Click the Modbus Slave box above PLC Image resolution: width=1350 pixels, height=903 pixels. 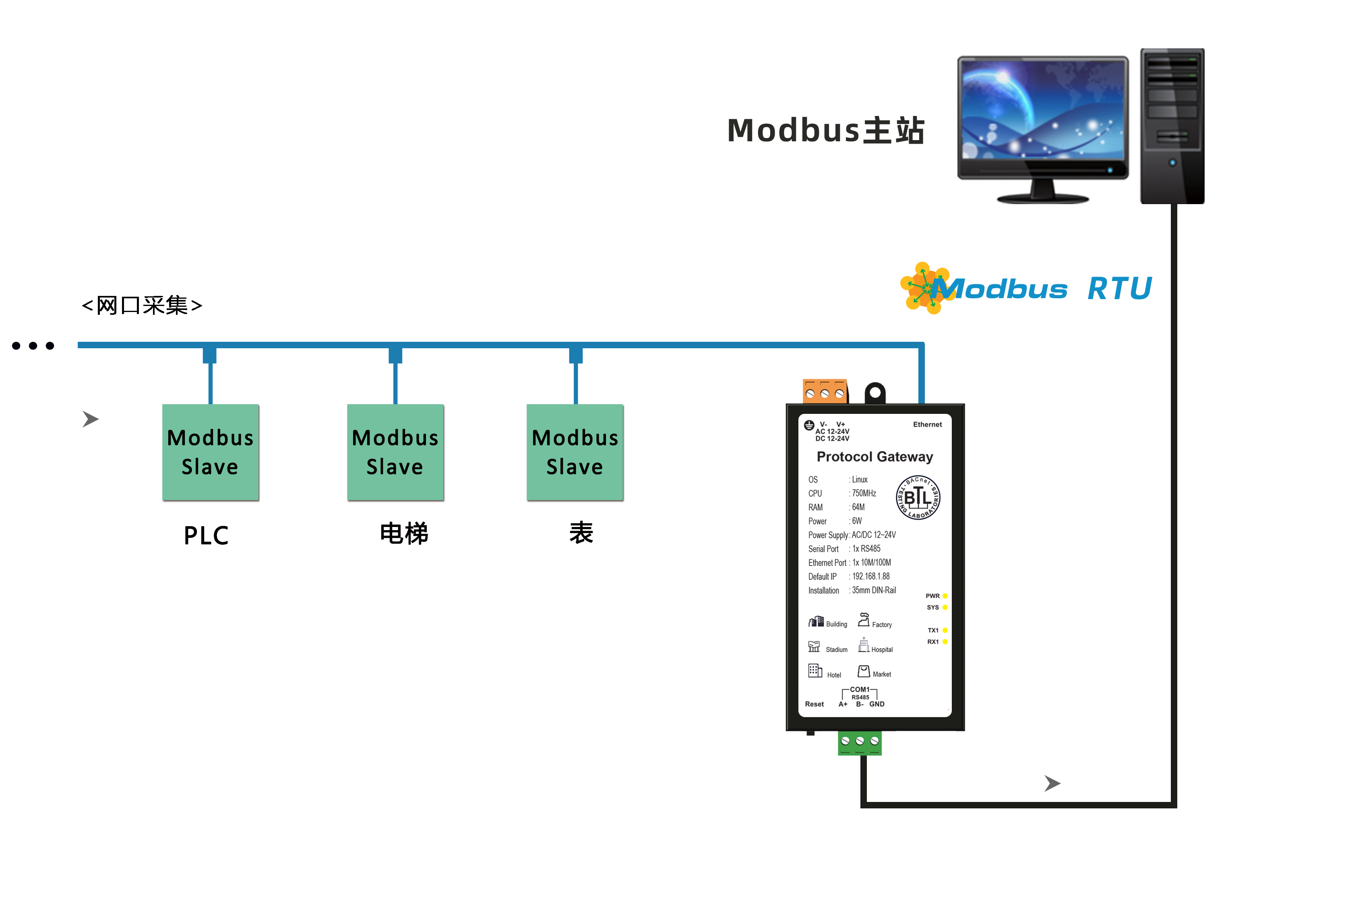click(x=210, y=452)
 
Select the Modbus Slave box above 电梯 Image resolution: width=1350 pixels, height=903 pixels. click(x=395, y=452)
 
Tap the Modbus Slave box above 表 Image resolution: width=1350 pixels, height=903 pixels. click(x=575, y=452)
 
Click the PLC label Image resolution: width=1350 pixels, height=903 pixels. click(x=206, y=535)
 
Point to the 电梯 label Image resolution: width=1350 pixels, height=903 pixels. click(x=404, y=533)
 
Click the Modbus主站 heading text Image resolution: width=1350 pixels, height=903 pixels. click(x=825, y=130)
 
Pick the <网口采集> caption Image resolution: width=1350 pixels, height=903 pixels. click(x=142, y=305)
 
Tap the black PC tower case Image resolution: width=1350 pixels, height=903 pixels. click(x=1172, y=127)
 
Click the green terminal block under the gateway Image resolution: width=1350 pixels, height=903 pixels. click(x=859, y=743)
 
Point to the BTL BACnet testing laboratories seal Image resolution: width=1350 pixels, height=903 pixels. click(x=918, y=497)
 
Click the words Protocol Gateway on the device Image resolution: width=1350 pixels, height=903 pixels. click(x=874, y=457)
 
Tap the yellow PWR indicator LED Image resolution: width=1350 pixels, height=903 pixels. click(x=945, y=596)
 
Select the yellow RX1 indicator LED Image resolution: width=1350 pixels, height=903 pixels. click(x=945, y=642)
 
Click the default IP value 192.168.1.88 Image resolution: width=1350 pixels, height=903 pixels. click(x=871, y=577)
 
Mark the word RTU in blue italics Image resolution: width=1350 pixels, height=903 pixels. click(x=1119, y=289)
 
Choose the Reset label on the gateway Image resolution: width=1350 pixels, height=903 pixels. click(x=814, y=704)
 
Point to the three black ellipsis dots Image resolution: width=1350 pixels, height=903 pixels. click(x=33, y=345)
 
